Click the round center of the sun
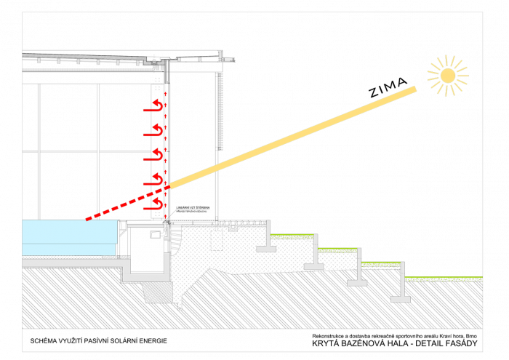point(448,76)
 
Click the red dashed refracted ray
point(127,203)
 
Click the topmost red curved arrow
point(153,107)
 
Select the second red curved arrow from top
point(153,131)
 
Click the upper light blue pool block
point(69,231)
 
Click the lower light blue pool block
point(68,249)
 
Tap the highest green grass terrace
point(292,236)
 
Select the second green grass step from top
point(337,250)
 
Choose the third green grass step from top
point(381,265)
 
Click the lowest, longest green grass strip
point(444,279)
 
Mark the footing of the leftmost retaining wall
point(266,249)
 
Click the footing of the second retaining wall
point(313,266)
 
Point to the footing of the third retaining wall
point(357,283)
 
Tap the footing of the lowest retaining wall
point(401,299)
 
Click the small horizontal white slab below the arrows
point(145,225)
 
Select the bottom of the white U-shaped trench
point(146,277)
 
